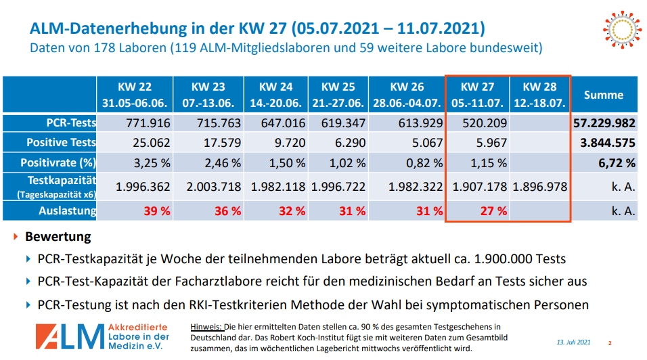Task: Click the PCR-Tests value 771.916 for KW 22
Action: pos(141,123)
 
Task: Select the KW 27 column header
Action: pos(478,95)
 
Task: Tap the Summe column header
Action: pos(603,95)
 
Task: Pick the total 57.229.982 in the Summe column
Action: pos(604,123)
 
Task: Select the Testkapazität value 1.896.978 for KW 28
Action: pos(540,187)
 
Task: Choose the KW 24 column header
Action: pos(275,95)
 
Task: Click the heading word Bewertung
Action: pos(58,238)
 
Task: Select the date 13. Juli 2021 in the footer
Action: pos(575,342)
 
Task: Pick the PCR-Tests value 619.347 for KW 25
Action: pos(343,123)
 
